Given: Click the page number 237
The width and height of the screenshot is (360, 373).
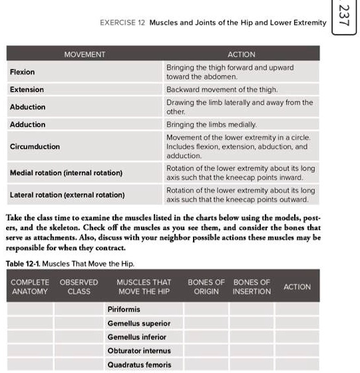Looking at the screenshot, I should [x=344, y=15].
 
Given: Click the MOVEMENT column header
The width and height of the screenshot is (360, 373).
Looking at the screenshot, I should [x=85, y=55].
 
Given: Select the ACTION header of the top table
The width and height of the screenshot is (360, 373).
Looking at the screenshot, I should [x=241, y=55].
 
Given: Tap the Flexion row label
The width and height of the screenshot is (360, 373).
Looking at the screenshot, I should [x=23, y=72].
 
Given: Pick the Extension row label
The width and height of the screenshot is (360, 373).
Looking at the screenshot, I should [x=27, y=90].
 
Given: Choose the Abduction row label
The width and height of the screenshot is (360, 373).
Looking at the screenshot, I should [x=28, y=107].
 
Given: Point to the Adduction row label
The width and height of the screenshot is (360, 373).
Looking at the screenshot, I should [x=28, y=124].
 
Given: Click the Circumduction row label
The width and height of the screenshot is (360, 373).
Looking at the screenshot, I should [x=35, y=146].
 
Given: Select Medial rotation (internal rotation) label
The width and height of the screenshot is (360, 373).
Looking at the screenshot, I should [x=66, y=173].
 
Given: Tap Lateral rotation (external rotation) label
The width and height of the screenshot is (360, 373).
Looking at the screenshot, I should [x=67, y=195].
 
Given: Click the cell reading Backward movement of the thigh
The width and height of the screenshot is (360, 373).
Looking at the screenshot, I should [x=222, y=90].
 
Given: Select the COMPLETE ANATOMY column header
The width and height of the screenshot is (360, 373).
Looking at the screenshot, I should [x=30, y=287].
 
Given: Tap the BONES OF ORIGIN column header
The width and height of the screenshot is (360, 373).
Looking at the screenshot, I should [x=206, y=287].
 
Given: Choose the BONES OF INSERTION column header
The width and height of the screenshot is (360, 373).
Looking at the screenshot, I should [x=252, y=287].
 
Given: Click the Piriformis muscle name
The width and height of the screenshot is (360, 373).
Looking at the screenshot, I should [x=124, y=310].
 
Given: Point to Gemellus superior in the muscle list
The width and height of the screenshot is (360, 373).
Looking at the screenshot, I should [x=139, y=323].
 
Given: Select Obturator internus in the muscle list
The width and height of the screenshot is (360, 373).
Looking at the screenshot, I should [x=139, y=350].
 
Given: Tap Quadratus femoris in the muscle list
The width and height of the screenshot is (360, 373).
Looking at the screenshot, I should [x=139, y=364].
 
